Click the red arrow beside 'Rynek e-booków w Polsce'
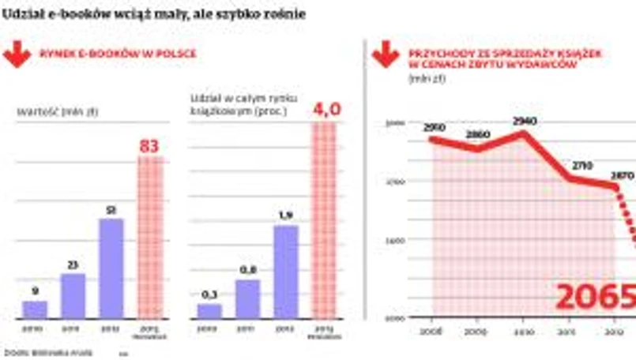click(x=17, y=55)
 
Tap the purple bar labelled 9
click(x=35, y=309)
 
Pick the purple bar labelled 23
click(x=73, y=295)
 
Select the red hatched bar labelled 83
click(x=150, y=237)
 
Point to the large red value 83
click(x=150, y=146)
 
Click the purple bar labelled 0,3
click(x=209, y=310)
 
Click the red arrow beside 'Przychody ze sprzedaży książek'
click(x=386, y=55)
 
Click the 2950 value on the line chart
click(x=435, y=127)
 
